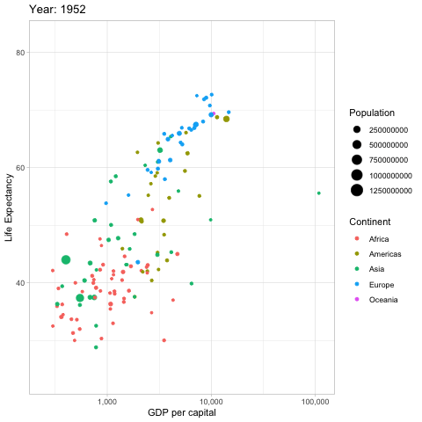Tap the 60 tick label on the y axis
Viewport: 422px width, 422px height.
pyautogui.click(x=18, y=168)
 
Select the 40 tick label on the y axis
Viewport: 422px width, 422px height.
pyautogui.click(x=18, y=283)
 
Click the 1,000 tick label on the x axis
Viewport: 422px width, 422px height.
pyautogui.click(x=107, y=400)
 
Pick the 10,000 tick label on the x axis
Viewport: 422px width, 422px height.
pyautogui.click(x=211, y=400)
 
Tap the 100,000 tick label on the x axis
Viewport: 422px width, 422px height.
pyautogui.click(x=315, y=400)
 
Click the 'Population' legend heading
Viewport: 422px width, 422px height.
pyautogui.click(x=373, y=113)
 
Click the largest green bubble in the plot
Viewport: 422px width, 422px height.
pyautogui.click(x=66, y=259)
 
